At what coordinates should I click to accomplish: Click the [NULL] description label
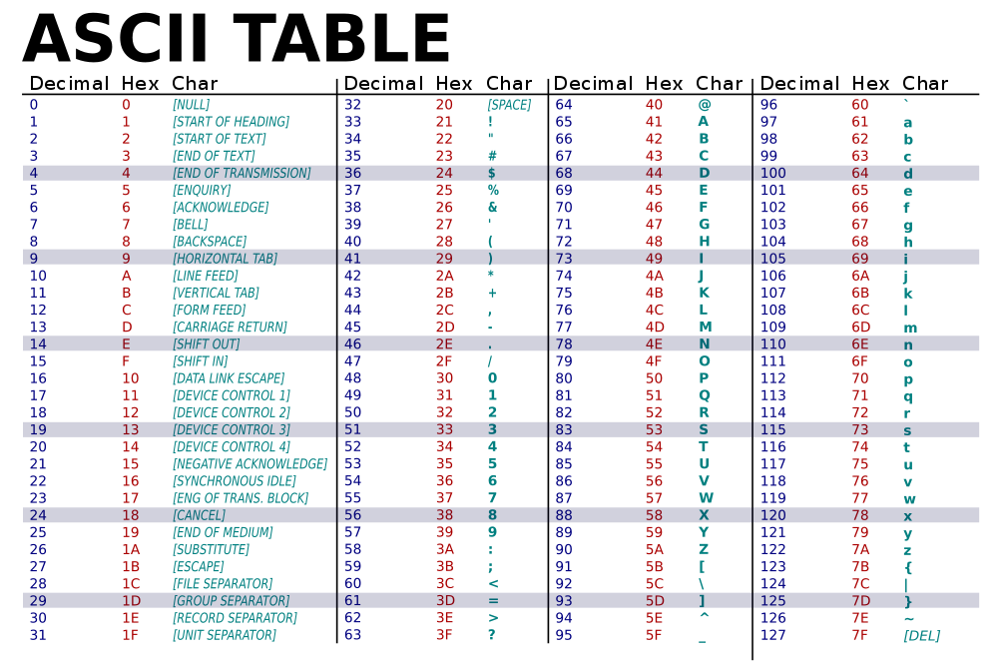pos(191,105)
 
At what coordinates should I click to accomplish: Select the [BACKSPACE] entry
pos(210,242)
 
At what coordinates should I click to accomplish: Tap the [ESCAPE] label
pos(199,566)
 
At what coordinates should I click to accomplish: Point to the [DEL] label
pos(921,635)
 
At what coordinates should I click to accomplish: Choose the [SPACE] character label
pos(509,105)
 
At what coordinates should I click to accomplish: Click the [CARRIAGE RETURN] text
pos(230,327)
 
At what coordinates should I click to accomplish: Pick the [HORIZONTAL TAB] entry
pos(225,259)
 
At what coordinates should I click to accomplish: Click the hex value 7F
pos(859,635)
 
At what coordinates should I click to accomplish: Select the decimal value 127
pos(773,635)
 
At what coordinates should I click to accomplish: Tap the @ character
pos(704,105)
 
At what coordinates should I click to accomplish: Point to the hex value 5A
pos(654,549)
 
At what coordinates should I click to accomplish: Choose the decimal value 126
pos(773,618)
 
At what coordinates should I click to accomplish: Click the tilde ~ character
pos(908,619)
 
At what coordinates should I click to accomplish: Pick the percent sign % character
pos(492,190)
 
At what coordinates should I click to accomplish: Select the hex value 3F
pos(444,635)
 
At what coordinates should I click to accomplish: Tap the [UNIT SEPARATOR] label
pos(225,635)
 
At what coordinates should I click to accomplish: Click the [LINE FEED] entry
pos(205,276)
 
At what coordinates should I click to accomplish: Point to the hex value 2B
pos(444,293)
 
